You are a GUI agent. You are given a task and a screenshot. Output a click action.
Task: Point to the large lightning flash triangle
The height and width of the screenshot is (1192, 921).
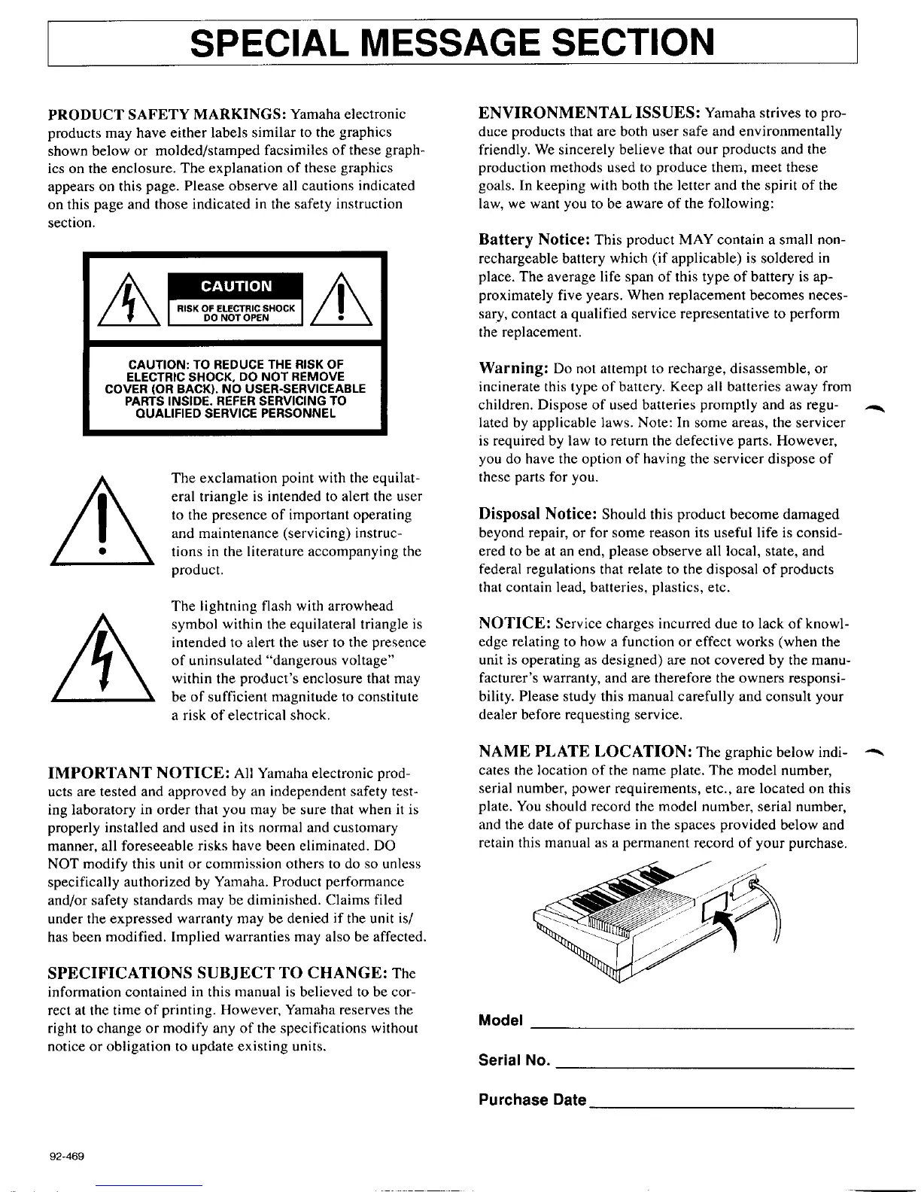(x=102, y=662)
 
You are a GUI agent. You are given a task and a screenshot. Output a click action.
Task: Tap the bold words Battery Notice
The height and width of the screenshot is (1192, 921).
(x=533, y=240)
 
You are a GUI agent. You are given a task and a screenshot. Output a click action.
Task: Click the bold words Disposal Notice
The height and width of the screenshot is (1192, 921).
(x=538, y=515)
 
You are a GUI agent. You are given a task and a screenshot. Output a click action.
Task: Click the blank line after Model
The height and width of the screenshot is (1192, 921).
(x=692, y=1026)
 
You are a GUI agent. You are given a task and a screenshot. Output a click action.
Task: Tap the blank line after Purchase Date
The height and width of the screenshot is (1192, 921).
(x=722, y=1107)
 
